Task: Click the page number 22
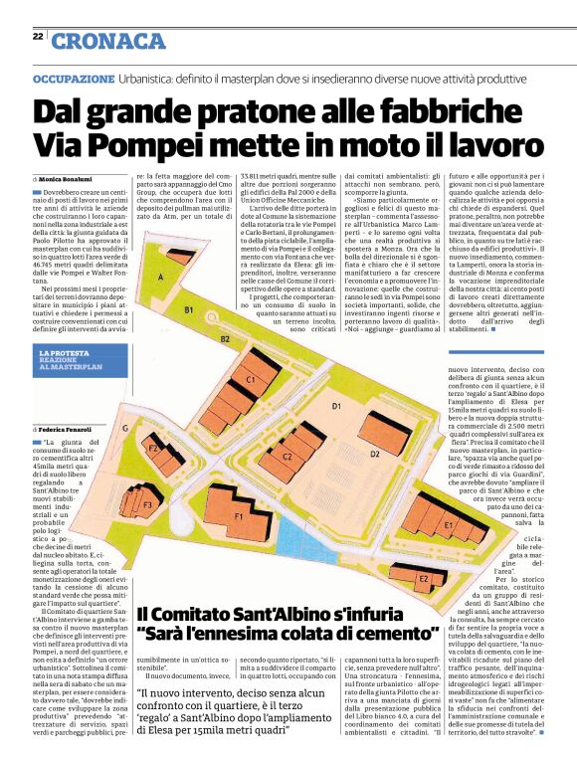[37, 37]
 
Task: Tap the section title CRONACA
[108, 41]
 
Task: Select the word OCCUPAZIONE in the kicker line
[74, 77]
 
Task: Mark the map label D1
[336, 406]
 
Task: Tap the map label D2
[374, 454]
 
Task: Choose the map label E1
[449, 524]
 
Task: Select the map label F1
[238, 517]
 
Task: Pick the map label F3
[146, 505]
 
